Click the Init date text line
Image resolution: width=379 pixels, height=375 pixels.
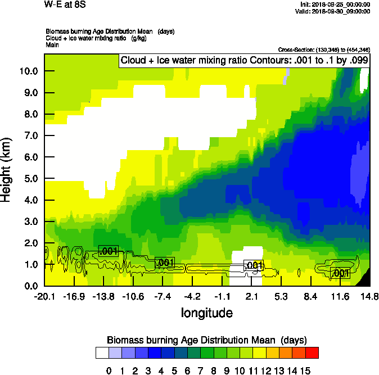(336, 4)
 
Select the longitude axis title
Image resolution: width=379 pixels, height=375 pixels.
(207, 313)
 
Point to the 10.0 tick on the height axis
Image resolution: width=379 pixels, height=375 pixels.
(28, 71)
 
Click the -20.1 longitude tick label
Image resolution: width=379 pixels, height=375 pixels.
(44, 297)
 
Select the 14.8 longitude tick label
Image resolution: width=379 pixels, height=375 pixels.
(369, 297)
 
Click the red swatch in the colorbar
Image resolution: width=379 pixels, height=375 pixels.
(312, 353)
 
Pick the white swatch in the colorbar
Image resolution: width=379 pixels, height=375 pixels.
(102, 353)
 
